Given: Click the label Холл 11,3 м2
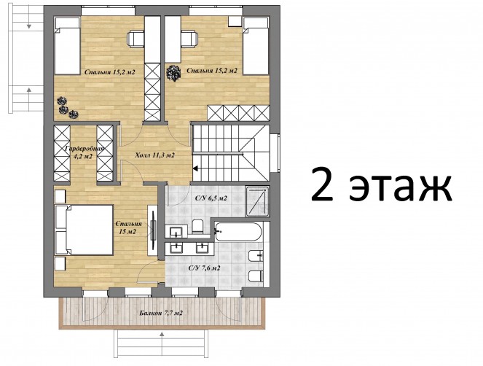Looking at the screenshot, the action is [155, 155].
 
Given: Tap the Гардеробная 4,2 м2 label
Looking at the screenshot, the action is [84, 152].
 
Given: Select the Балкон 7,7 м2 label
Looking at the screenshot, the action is [161, 314].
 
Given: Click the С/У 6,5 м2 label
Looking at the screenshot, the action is [211, 198].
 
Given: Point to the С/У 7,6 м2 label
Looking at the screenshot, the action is [204, 268].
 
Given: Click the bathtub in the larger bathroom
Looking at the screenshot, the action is [238, 232].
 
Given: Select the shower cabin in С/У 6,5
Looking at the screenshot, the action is [257, 201].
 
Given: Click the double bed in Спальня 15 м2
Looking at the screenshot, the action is [84, 230].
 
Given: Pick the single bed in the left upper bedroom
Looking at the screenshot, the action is [68, 46].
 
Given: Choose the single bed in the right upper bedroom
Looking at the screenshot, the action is [256, 46].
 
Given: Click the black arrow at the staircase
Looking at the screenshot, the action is [195, 168].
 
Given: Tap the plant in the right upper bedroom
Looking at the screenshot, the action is [173, 73].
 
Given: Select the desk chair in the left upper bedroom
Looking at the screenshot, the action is [136, 39].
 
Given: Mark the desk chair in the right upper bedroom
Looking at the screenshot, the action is [189, 39].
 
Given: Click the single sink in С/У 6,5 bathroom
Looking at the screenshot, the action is [176, 232].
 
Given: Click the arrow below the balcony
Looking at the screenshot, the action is [161, 335].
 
